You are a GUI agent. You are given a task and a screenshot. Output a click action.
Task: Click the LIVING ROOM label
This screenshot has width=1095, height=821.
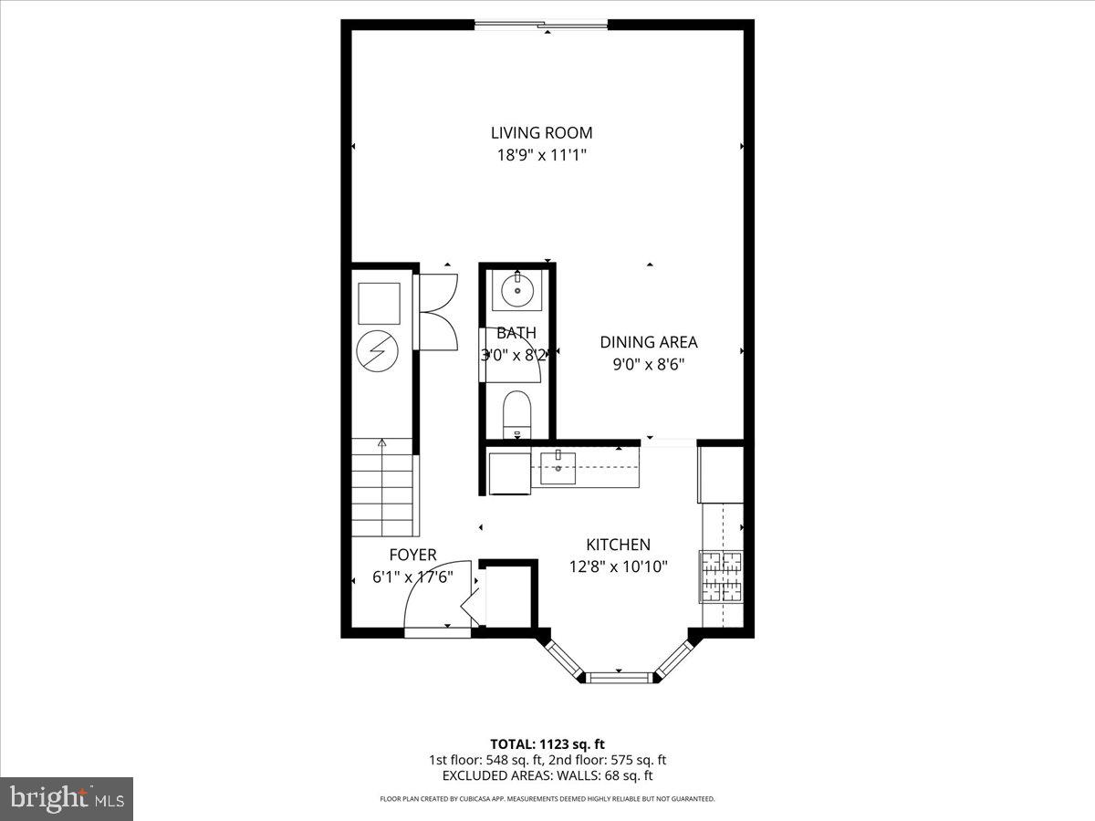point(541,133)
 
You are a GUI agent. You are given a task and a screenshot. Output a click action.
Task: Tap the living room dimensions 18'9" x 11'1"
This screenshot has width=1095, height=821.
point(541,155)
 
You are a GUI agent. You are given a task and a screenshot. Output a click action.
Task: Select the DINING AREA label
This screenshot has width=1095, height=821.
point(648,342)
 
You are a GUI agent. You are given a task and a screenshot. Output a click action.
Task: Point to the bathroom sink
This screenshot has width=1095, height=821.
point(516,291)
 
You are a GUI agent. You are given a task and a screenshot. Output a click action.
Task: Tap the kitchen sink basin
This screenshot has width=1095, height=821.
point(558,469)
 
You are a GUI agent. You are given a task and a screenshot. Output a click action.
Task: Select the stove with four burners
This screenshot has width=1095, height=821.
point(722,576)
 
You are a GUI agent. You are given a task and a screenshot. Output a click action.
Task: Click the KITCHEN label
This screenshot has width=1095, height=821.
point(618,545)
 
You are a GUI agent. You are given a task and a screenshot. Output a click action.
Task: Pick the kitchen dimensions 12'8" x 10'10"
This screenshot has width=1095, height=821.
point(618,566)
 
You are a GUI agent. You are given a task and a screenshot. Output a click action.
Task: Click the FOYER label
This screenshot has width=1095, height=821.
point(412,555)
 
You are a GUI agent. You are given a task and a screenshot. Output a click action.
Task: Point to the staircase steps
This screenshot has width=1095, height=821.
point(382,487)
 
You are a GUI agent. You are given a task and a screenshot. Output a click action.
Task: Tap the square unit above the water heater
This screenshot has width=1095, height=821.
point(378,302)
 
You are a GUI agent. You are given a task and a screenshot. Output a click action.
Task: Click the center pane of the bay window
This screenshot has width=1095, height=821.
point(620,676)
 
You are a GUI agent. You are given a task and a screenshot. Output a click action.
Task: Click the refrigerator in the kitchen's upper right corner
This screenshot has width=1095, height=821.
point(721,473)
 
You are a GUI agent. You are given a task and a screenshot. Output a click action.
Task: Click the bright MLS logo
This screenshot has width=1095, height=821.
point(67,798)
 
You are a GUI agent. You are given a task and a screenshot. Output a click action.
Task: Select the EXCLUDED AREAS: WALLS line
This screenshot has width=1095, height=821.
point(547,776)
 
